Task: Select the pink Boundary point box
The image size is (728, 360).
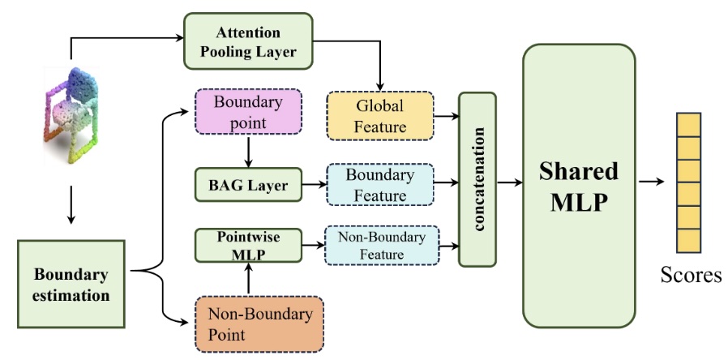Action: click(x=249, y=113)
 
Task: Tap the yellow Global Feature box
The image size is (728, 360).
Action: click(x=379, y=115)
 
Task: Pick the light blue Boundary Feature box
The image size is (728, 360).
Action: click(x=379, y=185)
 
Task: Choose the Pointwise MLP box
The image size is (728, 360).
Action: click(x=247, y=246)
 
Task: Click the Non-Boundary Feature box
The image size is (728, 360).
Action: click(x=379, y=246)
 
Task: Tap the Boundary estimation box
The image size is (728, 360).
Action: click(x=72, y=285)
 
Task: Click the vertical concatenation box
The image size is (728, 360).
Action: click(x=477, y=178)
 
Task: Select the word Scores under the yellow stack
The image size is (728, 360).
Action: click(x=689, y=276)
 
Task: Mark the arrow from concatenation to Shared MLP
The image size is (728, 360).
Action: click(x=508, y=182)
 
